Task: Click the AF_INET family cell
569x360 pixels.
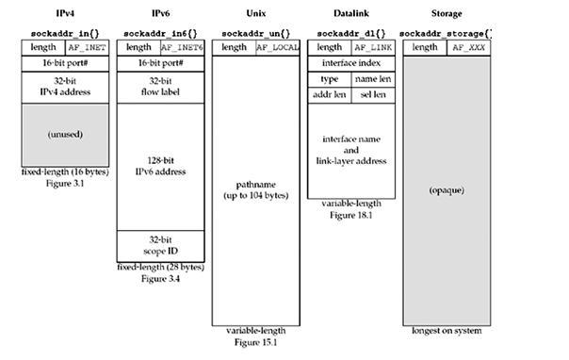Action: pos(87,47)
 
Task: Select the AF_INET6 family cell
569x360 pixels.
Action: pos(183,47)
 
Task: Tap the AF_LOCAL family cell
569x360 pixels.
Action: pos(278,47)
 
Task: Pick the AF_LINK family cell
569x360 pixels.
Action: pos(373,47)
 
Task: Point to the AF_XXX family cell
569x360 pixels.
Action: pos(469,47)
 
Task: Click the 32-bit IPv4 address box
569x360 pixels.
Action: pos(65,87)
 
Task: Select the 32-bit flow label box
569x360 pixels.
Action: pos(160,87)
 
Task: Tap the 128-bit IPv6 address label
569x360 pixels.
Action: pos(160,166)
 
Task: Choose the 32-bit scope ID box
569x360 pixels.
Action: pos(160,246)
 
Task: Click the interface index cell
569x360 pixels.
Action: pos(351,63)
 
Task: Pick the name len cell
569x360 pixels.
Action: pos(373,79)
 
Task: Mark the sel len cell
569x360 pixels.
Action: pos(373,95)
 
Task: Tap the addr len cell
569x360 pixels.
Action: pos(330,95)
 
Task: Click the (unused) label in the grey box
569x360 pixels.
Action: pos(65,135)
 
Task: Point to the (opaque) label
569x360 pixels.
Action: pos(447,190)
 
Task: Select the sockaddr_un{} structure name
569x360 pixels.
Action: pos(256,34)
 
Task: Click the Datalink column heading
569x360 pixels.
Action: pos(351,13)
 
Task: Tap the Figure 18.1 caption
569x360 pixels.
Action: pos(351,215)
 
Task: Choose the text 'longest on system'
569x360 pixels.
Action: pos(447,331)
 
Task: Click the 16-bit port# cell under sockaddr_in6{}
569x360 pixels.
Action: pos(160,63)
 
